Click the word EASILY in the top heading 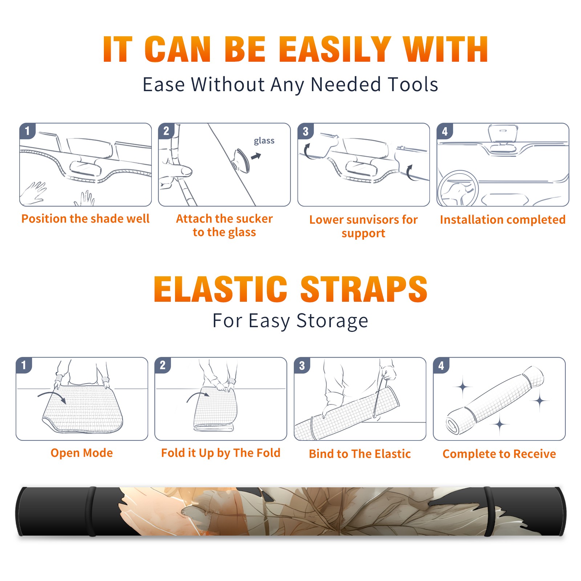pyautogui.click(x=335, y=50)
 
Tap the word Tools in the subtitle pyautogui.click(x=413, y=84)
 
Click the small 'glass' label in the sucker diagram pyautogui.click(x=264, y=141)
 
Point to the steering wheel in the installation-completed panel pyautogui.click(x=458, y=189)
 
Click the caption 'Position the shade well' pyautogui.click(x=85, y=219)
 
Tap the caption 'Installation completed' pyautogui.click(x=503, y=219)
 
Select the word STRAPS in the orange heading pyautogui.click(x=364, y=289)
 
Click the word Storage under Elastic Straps pyautogui.click(x=332, y=321)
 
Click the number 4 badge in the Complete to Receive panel pyautogui.click(x=441, y=365)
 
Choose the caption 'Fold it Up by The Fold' pyautogui.click(x=221, y=453)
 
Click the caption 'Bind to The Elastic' pyautogui.click(x=360, y=454)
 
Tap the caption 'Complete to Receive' pyautogui.click(x=499, y=454)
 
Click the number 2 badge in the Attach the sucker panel pyautogui.click(x=166, y=131)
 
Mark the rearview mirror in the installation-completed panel pyautogui.click(x=502, y=133)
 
